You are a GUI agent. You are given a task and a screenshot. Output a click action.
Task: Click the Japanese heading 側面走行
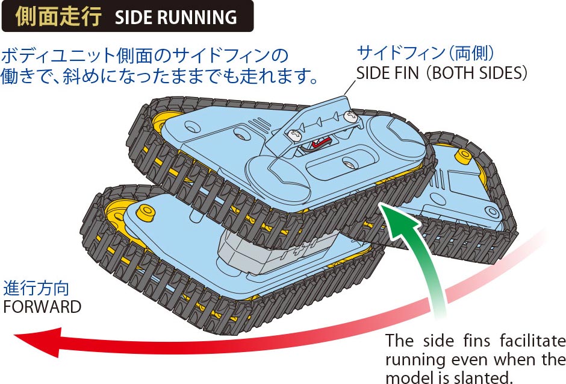pos(58,16)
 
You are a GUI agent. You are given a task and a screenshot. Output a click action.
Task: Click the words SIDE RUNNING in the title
pos(176,17)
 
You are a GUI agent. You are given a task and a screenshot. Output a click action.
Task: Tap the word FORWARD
pos(42,307)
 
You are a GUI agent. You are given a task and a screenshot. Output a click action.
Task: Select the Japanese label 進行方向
pos(36,288)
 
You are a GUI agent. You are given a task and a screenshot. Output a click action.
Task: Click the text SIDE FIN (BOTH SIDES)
pos(441,73)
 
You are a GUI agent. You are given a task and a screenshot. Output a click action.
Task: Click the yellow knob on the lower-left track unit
pos(146,212)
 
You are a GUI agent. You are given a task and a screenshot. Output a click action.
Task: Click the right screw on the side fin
pos(350,116)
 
